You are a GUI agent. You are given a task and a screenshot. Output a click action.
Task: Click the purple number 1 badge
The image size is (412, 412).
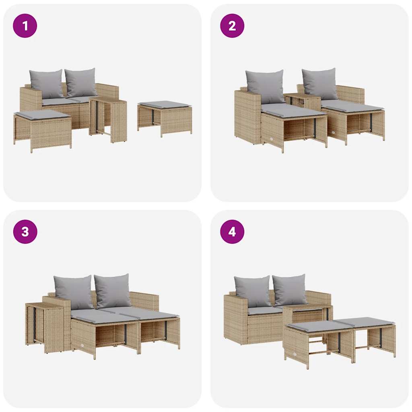(25, 26)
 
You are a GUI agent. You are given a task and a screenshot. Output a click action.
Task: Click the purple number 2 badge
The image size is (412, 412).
(232, 26)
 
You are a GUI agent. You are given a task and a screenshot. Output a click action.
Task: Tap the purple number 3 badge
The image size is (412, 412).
(25, 232)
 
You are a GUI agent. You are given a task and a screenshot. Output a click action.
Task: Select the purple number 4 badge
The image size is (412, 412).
(232, 232)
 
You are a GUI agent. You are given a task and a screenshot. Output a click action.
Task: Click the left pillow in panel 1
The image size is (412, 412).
(46, 84)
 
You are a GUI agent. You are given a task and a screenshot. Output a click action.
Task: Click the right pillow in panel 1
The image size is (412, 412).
(81, 82)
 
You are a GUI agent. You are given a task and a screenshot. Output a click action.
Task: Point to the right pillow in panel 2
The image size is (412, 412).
(320, 83)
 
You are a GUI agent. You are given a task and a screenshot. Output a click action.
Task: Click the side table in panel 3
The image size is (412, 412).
(44, 326)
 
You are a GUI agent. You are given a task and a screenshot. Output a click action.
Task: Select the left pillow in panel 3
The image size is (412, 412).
(74, 291)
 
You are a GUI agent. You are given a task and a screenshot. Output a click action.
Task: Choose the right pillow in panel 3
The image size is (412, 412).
(113, 290)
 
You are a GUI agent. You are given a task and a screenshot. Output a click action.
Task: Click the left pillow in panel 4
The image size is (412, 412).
(253, 291)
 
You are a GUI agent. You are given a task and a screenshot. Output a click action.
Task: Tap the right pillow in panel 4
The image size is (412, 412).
(289, 290)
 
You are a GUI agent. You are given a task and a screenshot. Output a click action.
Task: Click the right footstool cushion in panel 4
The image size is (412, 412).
(366, 322)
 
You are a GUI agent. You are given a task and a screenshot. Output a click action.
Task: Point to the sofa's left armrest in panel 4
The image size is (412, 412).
(235, 318)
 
